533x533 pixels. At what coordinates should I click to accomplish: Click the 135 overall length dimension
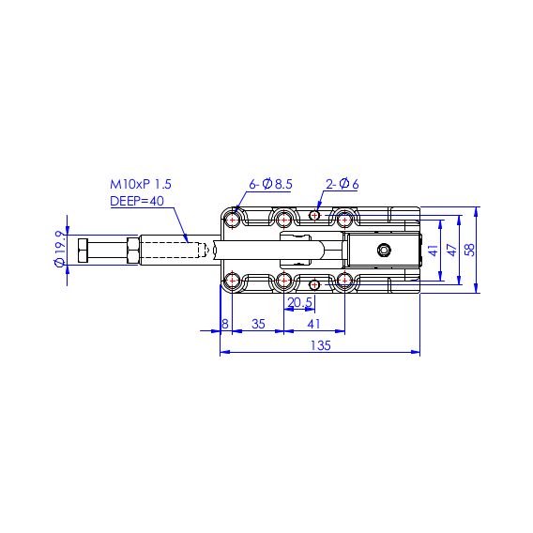point(321,345)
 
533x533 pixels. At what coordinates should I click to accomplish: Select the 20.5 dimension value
point(299,302)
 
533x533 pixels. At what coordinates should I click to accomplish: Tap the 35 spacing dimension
point(258,324)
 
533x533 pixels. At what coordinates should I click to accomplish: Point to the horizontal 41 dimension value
point(313,324)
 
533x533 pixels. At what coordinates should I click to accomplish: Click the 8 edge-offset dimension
point(224,324)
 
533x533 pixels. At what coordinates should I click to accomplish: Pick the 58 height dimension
point(470,250)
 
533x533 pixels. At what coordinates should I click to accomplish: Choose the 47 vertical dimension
point(452,250)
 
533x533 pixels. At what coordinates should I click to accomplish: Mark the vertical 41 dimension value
point(434,251)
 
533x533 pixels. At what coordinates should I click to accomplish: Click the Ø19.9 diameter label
point(60,250)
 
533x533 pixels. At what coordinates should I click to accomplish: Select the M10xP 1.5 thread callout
point(141,184)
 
